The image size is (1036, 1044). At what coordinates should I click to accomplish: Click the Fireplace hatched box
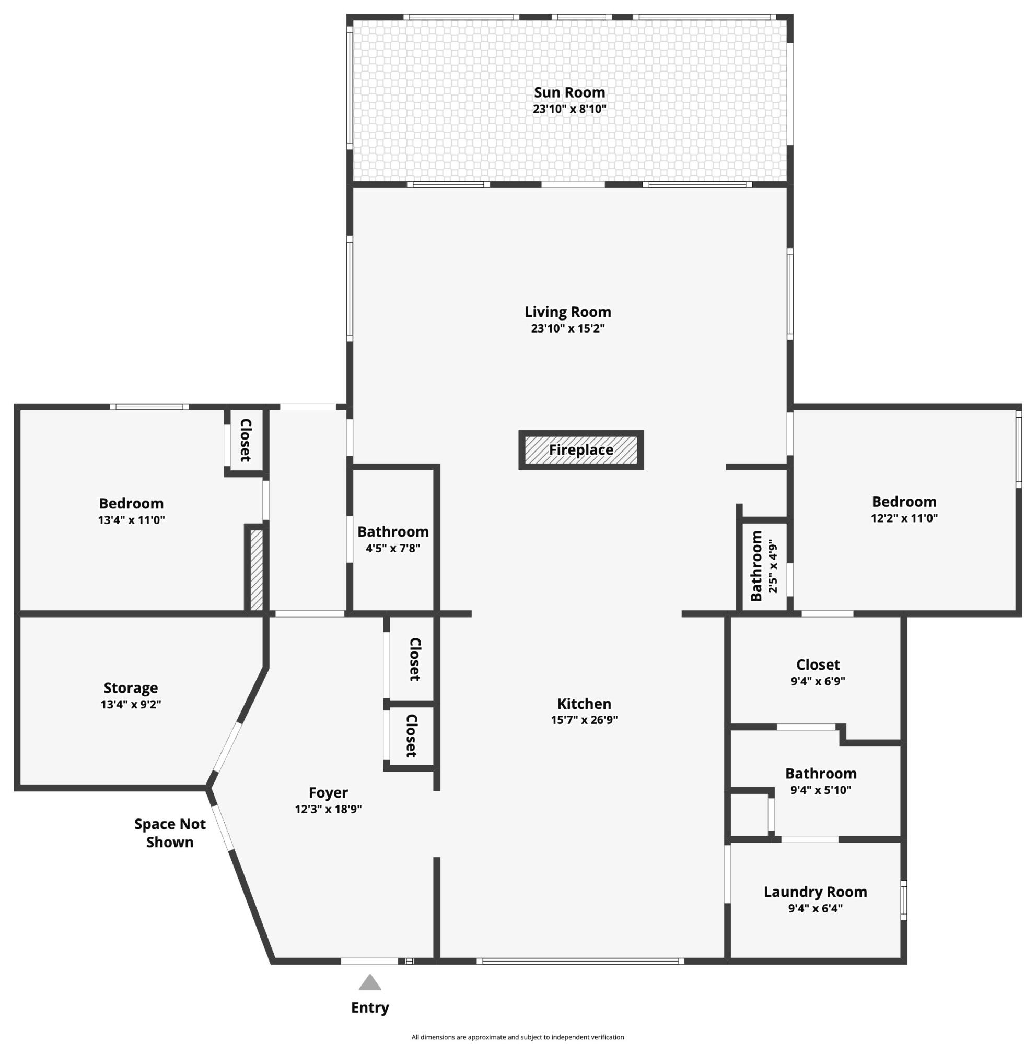(581, 450)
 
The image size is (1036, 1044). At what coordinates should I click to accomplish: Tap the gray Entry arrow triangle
(370, 982)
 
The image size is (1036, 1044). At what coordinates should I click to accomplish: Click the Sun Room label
(569, 92)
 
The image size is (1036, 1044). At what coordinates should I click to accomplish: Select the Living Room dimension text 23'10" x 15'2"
(568, 328)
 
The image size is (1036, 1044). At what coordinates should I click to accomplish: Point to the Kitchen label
(584, 704)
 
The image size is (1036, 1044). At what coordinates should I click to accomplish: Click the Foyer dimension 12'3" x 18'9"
(328, 809)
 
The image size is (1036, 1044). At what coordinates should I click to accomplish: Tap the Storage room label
(131, 688)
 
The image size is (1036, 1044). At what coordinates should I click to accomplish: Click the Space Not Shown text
(170, 833)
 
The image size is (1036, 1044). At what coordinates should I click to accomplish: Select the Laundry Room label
(816, 892)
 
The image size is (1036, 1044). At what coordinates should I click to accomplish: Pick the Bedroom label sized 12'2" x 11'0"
(904, 502)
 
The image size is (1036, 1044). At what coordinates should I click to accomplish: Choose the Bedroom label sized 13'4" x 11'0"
(131, 503)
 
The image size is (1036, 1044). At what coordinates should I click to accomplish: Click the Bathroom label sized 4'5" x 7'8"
(393, 532)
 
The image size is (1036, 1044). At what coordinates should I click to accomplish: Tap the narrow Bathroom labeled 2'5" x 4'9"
(757, 566)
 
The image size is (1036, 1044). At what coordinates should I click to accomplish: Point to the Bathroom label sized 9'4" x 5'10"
(821, 773)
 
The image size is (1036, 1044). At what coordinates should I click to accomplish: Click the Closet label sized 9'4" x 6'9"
(818, 665)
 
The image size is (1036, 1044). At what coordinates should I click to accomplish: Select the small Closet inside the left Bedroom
(246, 440)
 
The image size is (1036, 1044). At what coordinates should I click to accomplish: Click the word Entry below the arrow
(370, 1007)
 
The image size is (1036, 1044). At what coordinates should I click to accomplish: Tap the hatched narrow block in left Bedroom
(257, 570)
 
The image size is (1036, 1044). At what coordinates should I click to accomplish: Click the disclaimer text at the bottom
(517, 1037)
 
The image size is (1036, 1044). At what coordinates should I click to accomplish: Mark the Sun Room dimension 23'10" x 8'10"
(569, 109)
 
